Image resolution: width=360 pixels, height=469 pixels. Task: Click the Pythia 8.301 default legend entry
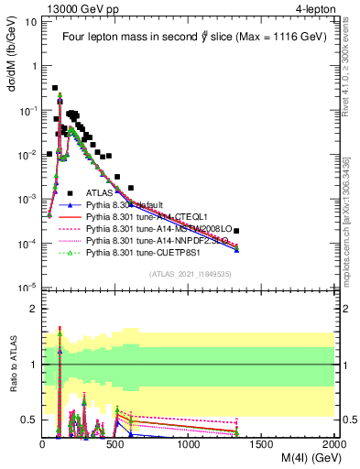pyautogui.click(x=134, y=205)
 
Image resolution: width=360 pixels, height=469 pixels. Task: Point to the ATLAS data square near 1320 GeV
pyautogui.click(x=236, y=231)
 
